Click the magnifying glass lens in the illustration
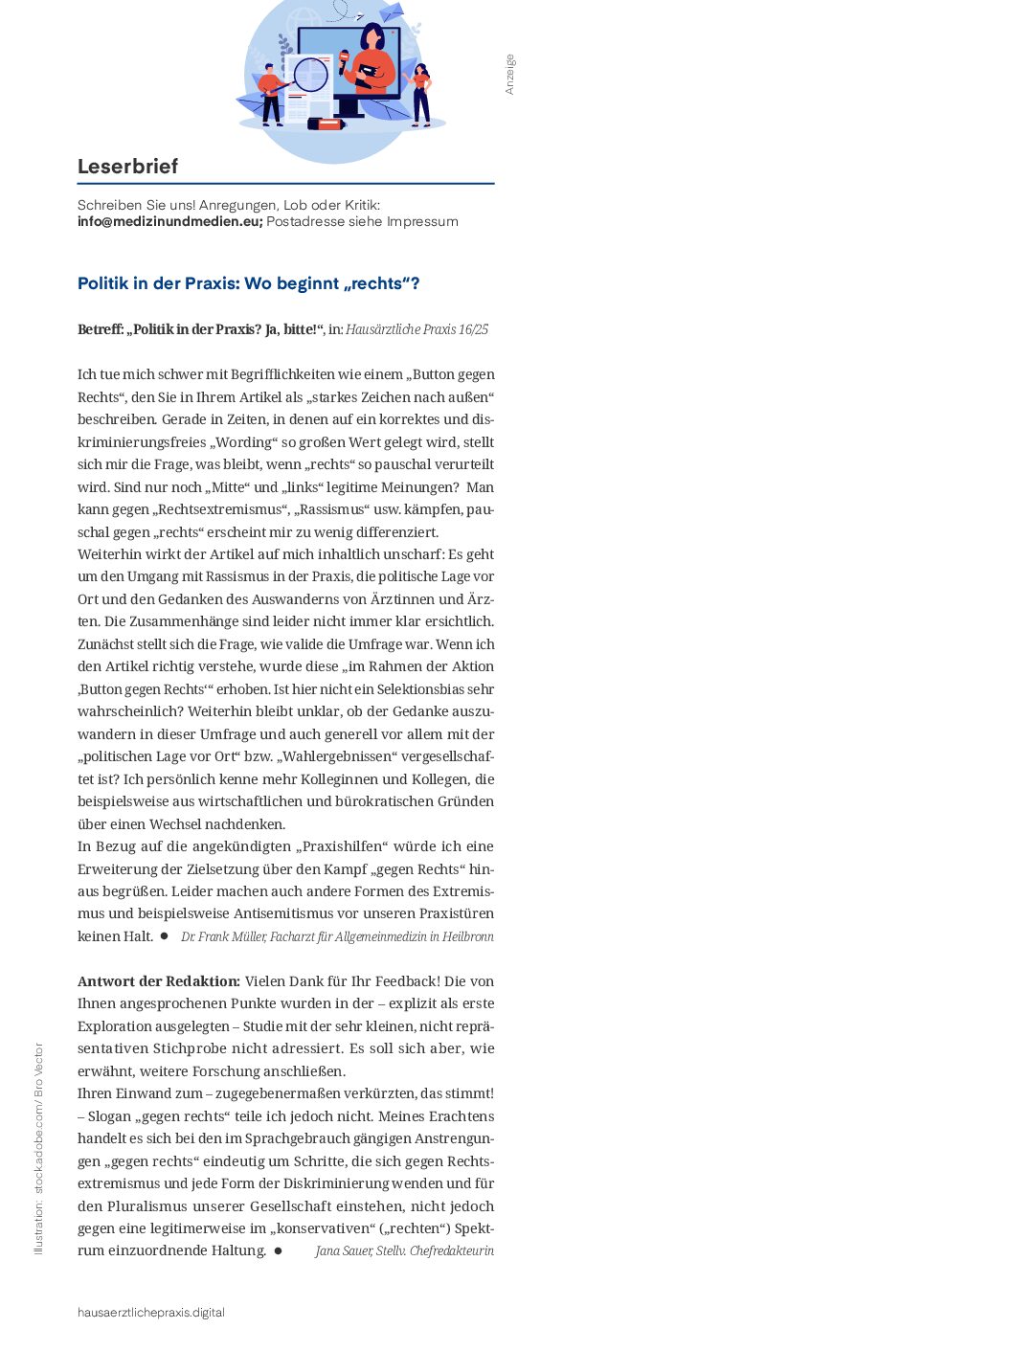(310, 74)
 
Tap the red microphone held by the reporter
(344, 59)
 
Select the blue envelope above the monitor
(392, 12)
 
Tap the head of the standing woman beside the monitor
(419, 72)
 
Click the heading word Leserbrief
(127, 167)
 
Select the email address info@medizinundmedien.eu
(169, 221)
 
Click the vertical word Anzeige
(509, 74)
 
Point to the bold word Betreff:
(101, 329)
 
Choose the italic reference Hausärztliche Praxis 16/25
(416, 329)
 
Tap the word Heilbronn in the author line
(468, 936)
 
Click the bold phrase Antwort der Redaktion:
(159, 981)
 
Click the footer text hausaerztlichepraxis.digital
(151, 1313)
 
